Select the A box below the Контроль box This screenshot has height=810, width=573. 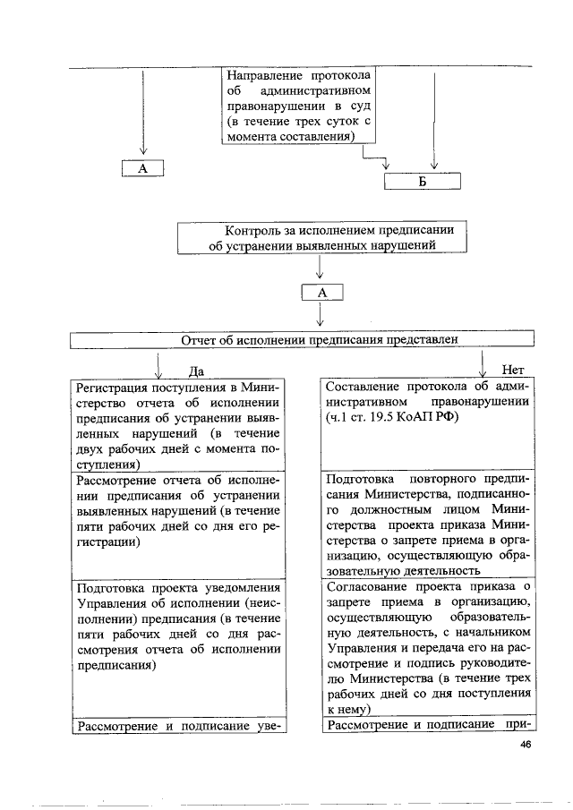[322, 292]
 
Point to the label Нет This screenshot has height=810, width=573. [512, 370]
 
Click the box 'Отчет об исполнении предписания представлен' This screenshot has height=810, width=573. [302, 340]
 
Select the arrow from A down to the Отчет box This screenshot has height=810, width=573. [320, 315]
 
